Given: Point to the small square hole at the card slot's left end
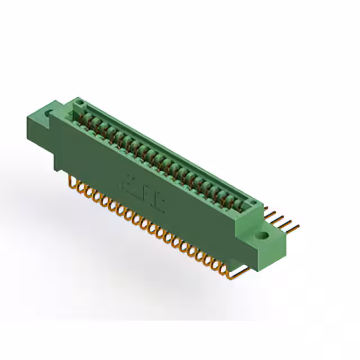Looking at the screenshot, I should point(79,103).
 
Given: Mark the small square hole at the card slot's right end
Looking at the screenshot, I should point(253,203).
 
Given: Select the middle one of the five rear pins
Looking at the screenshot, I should point(283,220).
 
